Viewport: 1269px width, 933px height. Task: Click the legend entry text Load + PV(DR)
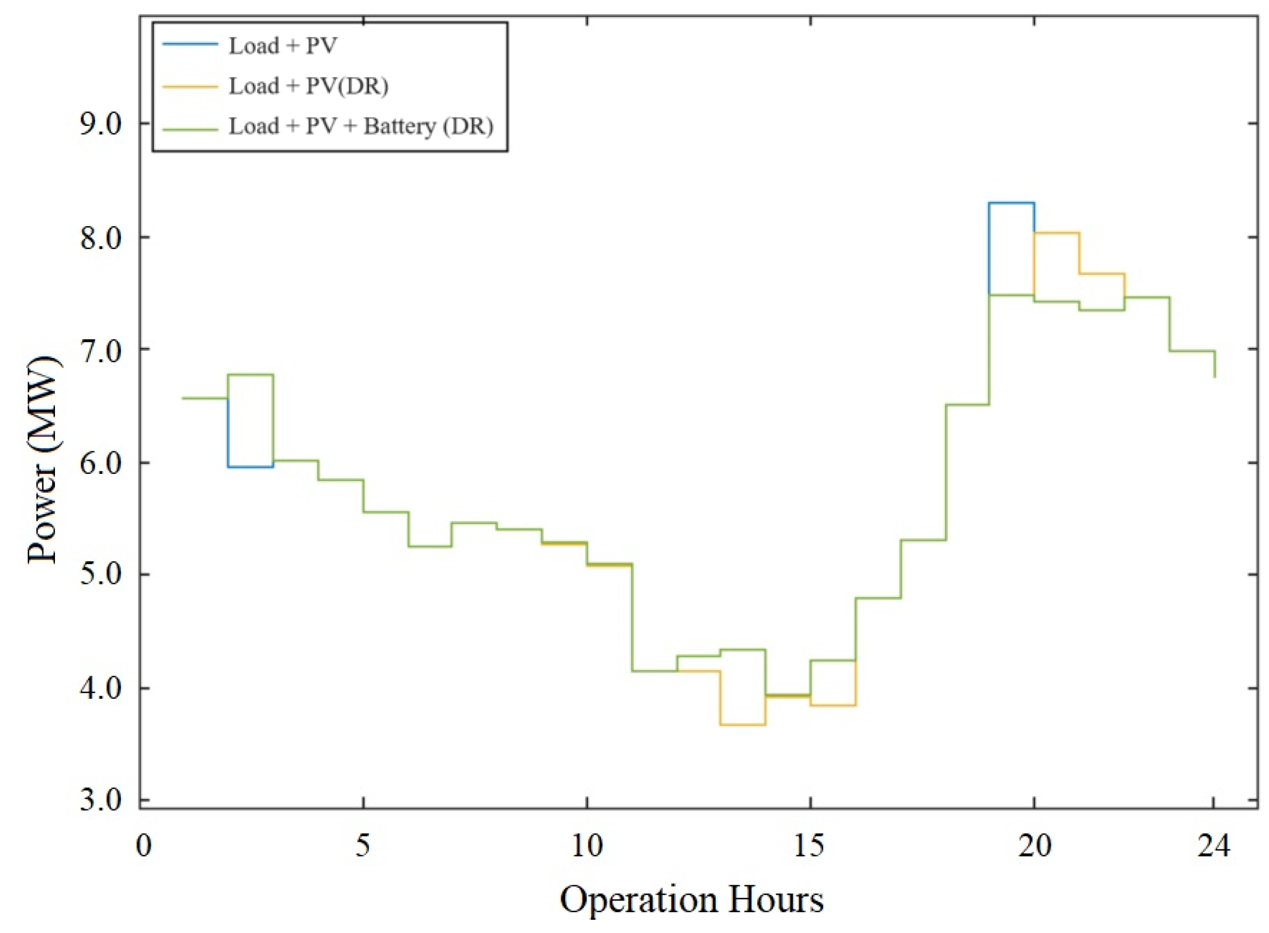(x=308, y=86)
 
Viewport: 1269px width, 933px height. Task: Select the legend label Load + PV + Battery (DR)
(x=361, y=126)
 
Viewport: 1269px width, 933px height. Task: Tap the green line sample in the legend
(x=190, y=129)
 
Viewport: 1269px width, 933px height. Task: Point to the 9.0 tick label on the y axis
(x=100, y=124)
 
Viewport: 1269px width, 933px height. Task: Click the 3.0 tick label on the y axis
(x=100, y=801)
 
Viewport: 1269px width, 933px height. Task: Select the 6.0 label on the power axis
(x=100, y=463)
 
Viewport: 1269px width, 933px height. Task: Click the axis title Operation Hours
(x=691, y=900)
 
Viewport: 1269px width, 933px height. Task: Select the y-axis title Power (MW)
(x=43, y=460)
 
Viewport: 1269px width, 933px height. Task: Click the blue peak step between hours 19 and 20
(x=1011, y=202)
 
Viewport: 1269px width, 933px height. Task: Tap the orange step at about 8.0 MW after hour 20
(x=1057, y=232)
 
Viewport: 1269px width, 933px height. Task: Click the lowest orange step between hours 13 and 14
(x=743, y=725)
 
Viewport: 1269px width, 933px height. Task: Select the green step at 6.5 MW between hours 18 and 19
(x=967, y=405)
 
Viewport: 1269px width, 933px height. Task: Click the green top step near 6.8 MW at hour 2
(x=251, y=374)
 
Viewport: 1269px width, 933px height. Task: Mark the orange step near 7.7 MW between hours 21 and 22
(x=1102, y=274)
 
